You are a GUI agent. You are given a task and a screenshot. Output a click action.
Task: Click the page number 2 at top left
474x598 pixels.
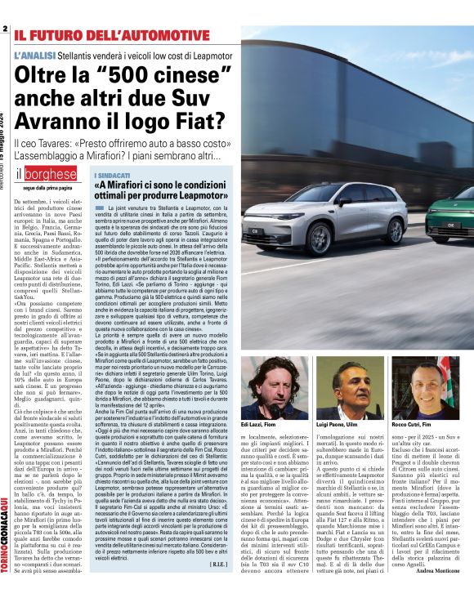point(6,29)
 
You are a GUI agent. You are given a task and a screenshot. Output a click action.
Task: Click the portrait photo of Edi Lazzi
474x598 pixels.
point(280,379)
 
